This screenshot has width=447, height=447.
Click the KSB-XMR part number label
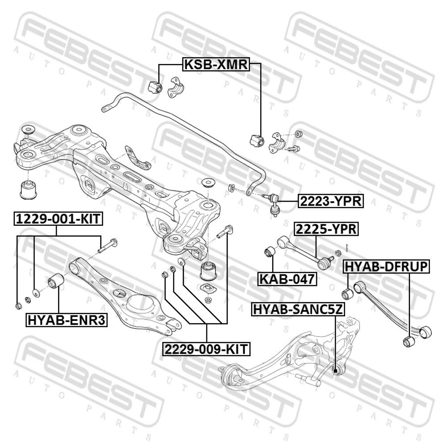[x=216, y=64]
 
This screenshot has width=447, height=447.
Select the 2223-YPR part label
[x=331, y=201]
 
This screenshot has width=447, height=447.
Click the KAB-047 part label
[x=287, y=279]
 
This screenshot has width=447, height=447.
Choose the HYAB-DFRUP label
[x=387, y=267]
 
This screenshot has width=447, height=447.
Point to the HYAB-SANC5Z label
[x=298, y=309]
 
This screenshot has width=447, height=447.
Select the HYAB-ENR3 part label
[x=67, y=320]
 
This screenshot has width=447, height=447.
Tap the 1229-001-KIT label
[x=58, y=219]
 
